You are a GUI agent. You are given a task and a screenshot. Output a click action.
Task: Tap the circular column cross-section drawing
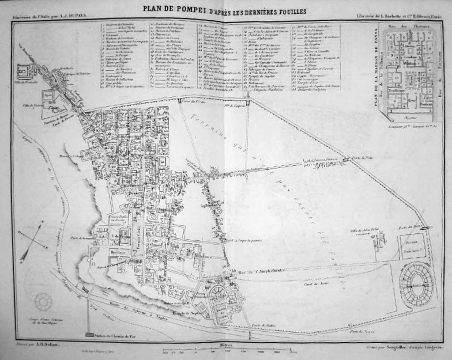tap(43, 302)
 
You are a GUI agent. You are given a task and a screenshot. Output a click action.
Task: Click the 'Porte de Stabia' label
tap(264, 326)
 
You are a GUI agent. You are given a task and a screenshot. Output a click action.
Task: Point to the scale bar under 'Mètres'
tap(230, 351)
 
